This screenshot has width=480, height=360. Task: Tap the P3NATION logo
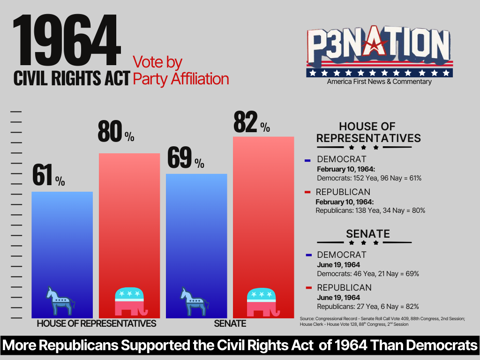click(379, 49)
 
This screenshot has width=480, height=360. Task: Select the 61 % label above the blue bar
click(48, 175)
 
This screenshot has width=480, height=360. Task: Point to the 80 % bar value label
click(116, 132)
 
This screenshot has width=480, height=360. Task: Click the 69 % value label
click(186, 158)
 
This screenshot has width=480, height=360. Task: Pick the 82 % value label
click(251, 122)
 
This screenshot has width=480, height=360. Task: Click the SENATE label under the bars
click(230, 323)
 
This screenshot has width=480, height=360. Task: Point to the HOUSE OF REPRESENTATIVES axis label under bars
click(96, 323)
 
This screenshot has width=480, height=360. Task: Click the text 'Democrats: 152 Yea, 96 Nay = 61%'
click(369, 178)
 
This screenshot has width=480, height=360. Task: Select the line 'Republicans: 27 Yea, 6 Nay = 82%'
click(367, 306)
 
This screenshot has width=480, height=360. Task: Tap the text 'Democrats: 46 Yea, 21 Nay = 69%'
click(367, 274)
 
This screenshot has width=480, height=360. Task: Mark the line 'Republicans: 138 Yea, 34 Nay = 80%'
click(370, 210)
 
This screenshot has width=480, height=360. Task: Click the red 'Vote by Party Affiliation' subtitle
click(180, 70)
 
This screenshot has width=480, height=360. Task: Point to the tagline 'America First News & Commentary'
click(379, 82)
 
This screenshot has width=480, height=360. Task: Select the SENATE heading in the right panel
click(368, 233)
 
